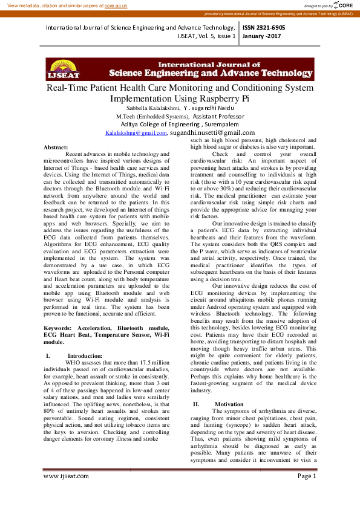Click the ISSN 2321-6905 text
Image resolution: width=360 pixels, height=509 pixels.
click(264, 28)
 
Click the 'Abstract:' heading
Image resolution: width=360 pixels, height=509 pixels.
click(56, 148)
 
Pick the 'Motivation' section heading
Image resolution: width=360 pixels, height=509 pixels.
click(229, 404)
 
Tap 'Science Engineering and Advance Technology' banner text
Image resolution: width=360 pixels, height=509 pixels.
click(209, 73)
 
